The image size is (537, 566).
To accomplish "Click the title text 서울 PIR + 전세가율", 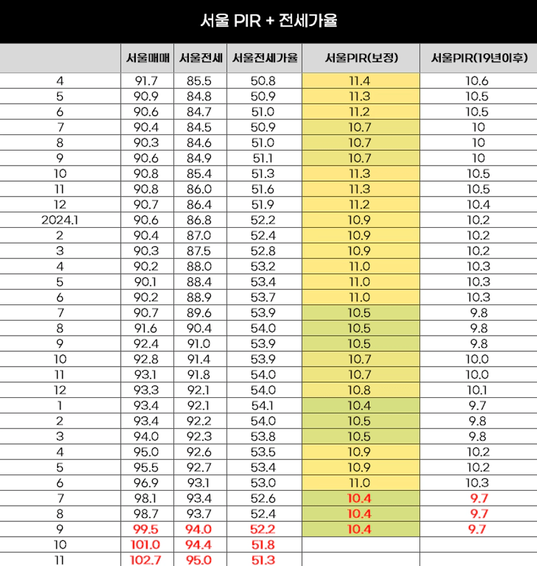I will [x=268, y=21].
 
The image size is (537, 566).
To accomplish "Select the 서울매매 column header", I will [x=146, y=58].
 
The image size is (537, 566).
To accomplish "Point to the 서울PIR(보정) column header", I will [x=360, y=58].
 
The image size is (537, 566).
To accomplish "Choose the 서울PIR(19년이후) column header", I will [x=477, y=58].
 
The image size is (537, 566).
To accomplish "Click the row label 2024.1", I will [x=60, y=219].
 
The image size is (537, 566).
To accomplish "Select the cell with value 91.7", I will [x=146, y=81].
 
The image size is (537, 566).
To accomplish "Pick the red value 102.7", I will [x=146, y=559].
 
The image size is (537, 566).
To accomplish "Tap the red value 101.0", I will [x=146, y=544].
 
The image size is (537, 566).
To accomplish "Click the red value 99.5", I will [x=146, y=529].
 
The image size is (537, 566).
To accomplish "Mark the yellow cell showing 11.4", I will [x=360, y=81].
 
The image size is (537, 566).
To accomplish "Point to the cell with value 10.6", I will [x=477, y=81].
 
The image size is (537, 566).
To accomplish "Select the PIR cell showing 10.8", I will [x=360, y=390].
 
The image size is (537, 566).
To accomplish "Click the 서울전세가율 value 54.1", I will [x=264, y=406].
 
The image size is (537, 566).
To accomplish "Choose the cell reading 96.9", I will [x=146, y=482].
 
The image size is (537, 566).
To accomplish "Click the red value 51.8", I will [x=264, y=544].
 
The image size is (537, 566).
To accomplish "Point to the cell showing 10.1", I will [x=477, y=390].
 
